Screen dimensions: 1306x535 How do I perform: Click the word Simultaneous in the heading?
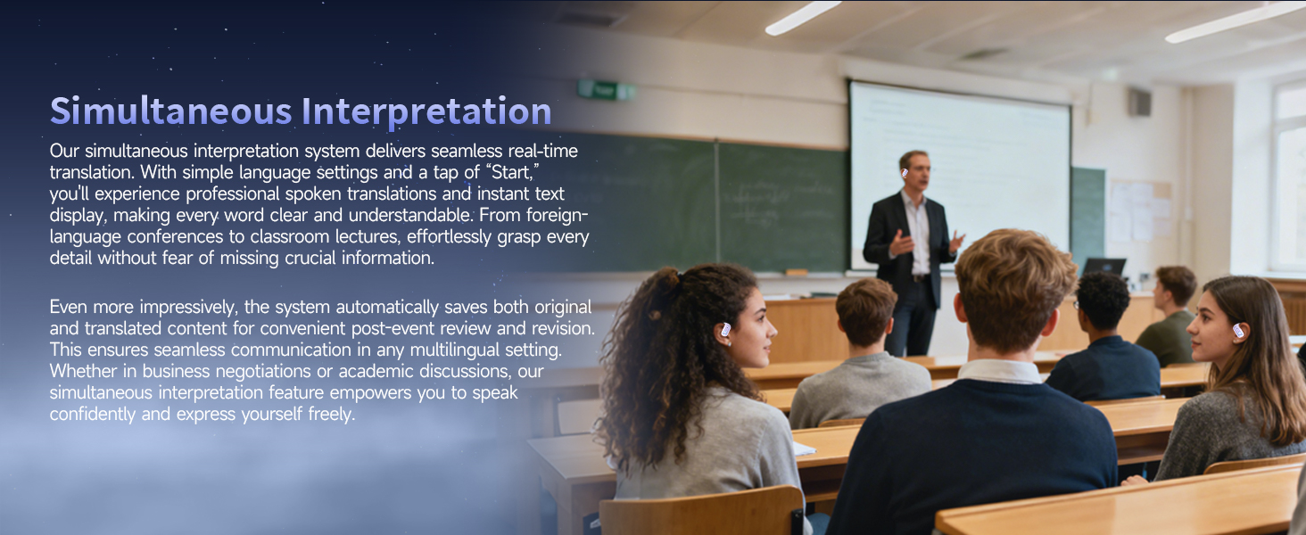click(x=170, y=111)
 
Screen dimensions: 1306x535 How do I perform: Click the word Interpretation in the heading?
click(x=426, y=111)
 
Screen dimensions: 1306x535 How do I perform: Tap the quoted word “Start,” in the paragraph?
click(x=511, y=172)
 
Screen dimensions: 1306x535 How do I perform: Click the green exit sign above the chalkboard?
click(x=605, y=91)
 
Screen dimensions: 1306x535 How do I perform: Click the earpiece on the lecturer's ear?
click(x=905, y=172)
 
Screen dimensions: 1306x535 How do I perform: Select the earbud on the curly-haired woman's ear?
click(x=725, y=331)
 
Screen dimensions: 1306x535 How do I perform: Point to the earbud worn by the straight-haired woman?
click(x=1238, y=332)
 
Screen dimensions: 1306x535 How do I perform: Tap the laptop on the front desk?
click(x=1103, y=267)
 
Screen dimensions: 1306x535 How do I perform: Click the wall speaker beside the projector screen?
click(x=1138, y=103)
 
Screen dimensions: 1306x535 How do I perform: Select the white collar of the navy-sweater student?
click(x=999, y=372)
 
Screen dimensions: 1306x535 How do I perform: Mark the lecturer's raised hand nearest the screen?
click(x=955, y=241)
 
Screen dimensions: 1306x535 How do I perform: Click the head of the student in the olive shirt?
click(x=1176, y=289)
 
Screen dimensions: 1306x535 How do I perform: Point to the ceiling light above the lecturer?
click(x=803, y=18)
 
